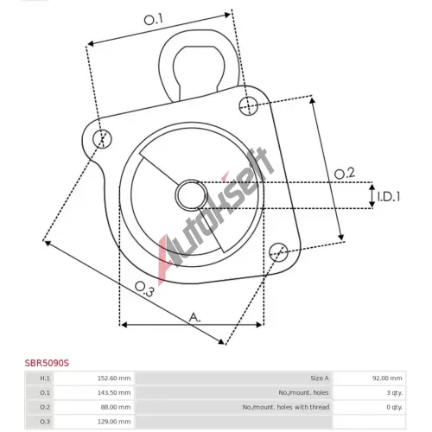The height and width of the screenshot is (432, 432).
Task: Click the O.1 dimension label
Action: (x=154, y=20)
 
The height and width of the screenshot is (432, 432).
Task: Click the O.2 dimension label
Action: (x=345, y=174)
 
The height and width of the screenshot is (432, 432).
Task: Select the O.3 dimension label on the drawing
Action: (x=144, y=289)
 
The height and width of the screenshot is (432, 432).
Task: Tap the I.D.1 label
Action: (x=389, y=197)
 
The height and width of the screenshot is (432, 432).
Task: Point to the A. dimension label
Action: (x=194, y=317)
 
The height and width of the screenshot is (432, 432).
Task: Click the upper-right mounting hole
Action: (x=249, y=106)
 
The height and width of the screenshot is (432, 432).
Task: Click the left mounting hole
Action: (x=102, y=139)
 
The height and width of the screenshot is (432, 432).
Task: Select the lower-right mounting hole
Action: (x=278, y=252)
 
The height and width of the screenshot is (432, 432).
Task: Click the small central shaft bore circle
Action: (x=192, y=195)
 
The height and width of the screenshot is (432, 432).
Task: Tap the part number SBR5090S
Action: (x=47, y=363)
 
